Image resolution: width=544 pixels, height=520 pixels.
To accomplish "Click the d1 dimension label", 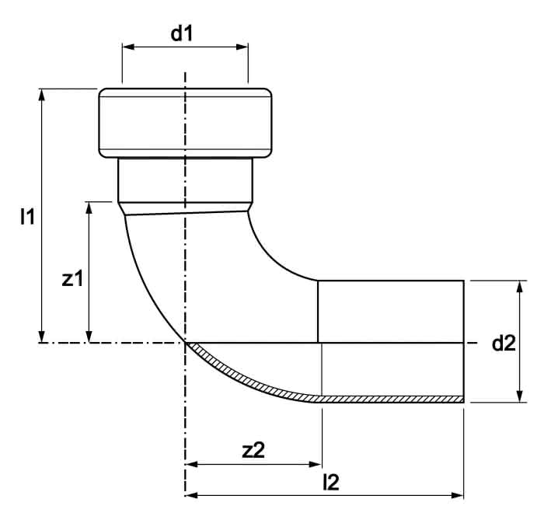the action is point(181,34).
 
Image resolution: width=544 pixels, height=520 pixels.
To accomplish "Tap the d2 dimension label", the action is point(504,344).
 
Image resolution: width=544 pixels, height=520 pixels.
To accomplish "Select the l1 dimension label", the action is point(27,217).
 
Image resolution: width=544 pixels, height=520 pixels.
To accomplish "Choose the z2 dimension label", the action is point(253,450).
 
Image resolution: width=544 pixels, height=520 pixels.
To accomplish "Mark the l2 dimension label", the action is point(330,482).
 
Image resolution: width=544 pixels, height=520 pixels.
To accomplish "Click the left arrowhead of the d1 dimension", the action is point(128,47).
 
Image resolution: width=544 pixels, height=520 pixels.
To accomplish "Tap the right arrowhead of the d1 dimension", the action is point(242,47).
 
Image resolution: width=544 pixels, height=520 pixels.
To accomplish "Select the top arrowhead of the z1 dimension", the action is point(89,208).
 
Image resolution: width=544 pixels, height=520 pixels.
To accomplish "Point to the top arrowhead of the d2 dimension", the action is point(519,287).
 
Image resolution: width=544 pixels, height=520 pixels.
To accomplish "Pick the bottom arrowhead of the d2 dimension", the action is point(519,396).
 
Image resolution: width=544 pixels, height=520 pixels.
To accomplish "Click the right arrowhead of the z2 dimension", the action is point(316,464).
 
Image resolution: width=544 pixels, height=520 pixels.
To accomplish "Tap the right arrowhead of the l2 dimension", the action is point(457,495).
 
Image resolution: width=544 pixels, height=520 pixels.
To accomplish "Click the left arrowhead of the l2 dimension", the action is point(191,495).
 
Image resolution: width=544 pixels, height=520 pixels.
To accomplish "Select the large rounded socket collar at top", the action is point(185,123).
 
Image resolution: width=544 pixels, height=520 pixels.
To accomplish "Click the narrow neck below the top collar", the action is point(185,180).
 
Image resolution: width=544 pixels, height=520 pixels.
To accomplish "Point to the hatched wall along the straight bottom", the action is point(389,399).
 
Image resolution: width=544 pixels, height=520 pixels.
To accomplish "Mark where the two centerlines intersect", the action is point(185,343).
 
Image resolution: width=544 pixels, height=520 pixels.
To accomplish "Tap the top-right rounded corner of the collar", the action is point(268,92).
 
